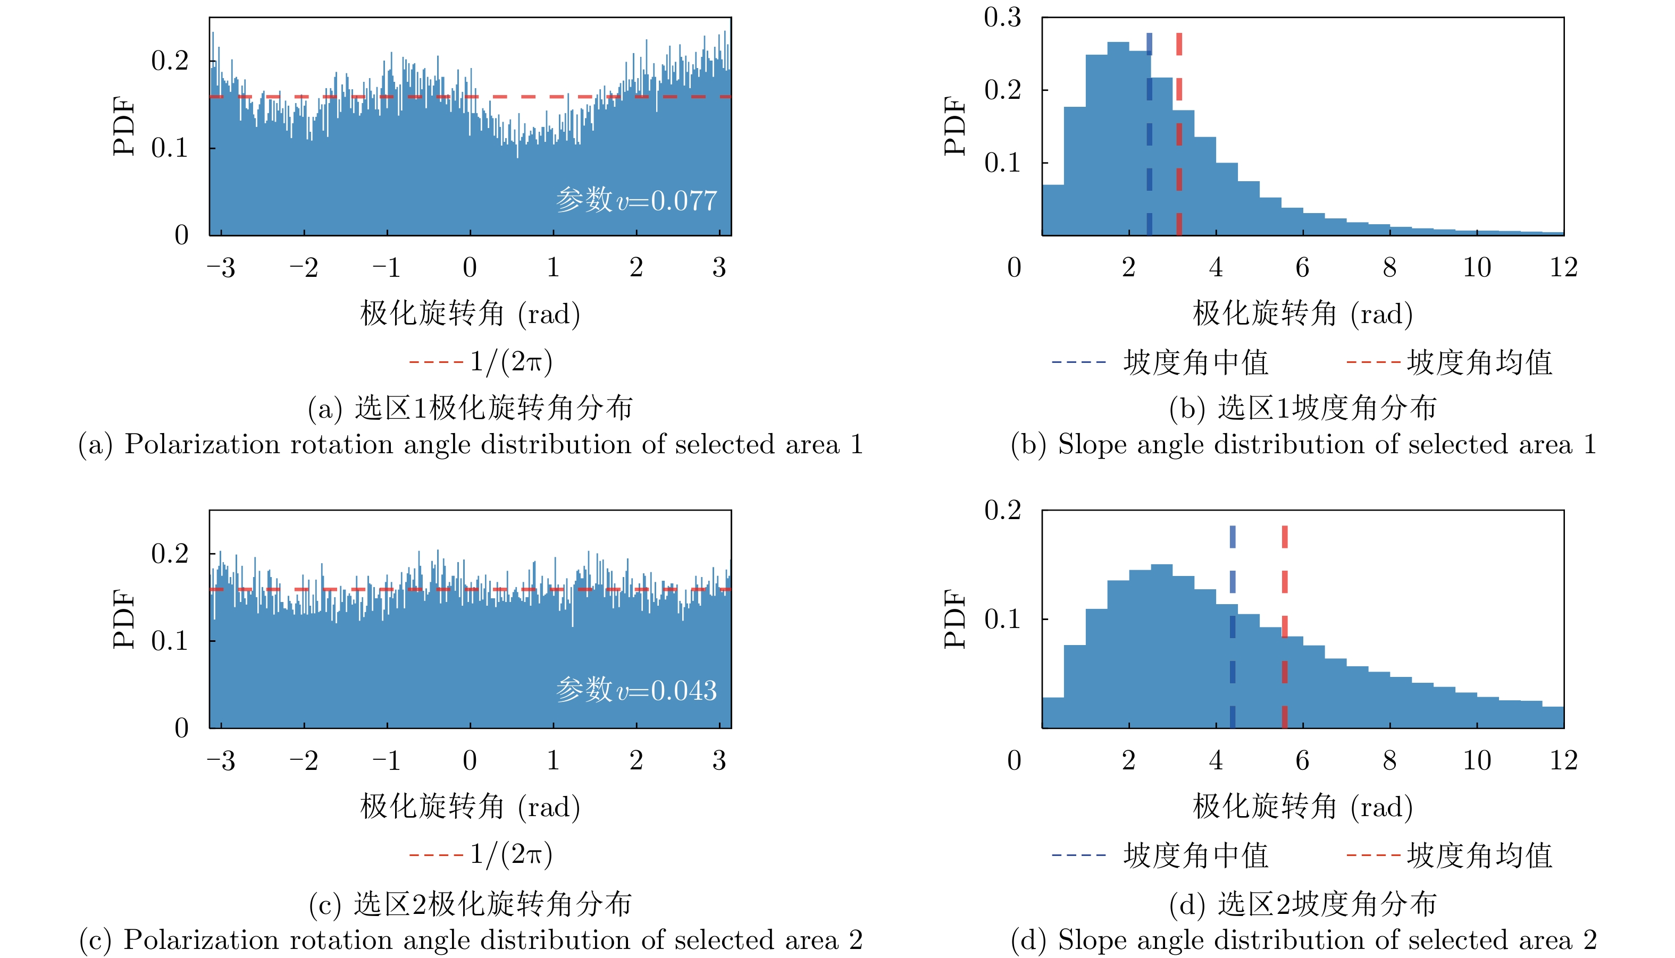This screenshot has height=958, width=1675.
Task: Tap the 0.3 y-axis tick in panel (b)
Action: (1002, 18)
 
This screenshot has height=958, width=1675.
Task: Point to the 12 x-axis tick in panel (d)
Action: (1563, 761)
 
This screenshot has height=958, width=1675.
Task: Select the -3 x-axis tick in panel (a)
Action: (221, 268)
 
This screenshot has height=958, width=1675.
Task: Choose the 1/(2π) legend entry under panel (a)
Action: (481, 362)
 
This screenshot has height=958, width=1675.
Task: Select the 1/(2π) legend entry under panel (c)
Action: (481, 855)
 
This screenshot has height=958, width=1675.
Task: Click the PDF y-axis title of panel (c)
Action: (124, 618)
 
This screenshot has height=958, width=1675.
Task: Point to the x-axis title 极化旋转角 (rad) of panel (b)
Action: (1302, 314)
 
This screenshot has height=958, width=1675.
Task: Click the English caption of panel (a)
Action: (470, 445)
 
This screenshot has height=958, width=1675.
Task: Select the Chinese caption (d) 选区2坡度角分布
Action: (1302, 904)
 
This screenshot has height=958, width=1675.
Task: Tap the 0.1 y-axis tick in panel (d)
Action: (1002, 619)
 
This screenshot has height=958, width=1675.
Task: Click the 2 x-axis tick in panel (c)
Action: (636, 761)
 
